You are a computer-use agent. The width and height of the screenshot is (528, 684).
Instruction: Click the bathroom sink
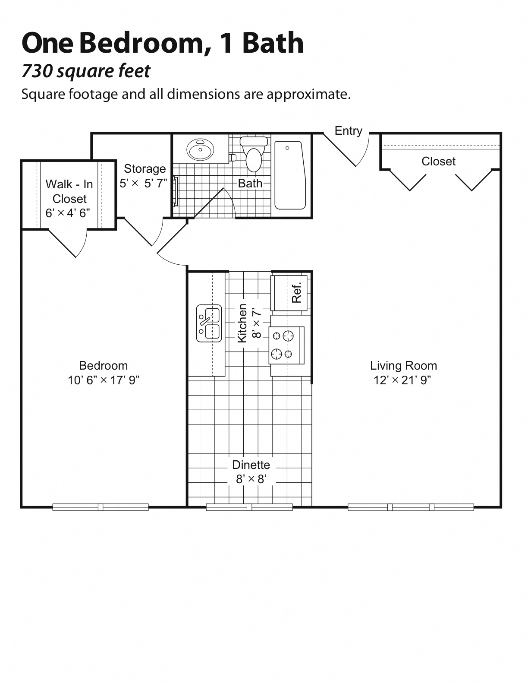(x=200, y=150)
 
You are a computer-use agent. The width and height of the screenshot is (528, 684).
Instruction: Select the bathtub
(x=290, y=175)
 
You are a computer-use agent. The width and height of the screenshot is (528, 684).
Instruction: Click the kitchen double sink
(x=209, y=323)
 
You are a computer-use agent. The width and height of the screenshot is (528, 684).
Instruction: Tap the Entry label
(x=348, y=131)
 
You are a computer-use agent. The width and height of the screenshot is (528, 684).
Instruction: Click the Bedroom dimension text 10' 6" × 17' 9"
(x=103, y=380)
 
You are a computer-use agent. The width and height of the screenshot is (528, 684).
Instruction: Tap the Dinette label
(x=251, y=465)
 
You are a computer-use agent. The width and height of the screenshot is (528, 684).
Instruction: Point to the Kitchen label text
(x=242, y=323)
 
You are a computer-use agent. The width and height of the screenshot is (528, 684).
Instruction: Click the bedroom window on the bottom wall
(x=101, y=507)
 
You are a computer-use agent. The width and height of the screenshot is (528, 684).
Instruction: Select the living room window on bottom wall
(x=411, y=507)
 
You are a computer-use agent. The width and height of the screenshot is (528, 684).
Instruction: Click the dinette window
(x=249, y=507)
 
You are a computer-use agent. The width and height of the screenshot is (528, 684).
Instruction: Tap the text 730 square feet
(x=86, y=71)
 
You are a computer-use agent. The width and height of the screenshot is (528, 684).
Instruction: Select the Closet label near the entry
(x=438, y=161)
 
